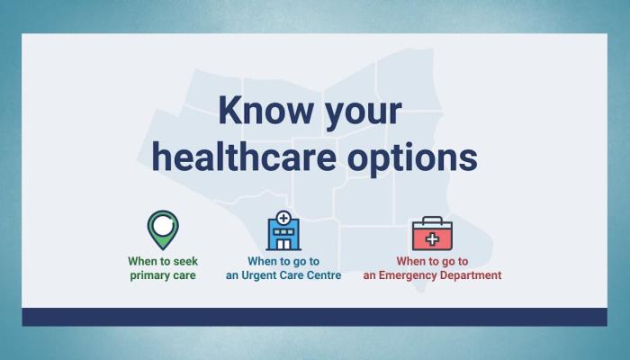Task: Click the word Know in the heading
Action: pos(265,110)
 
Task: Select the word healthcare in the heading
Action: pos(244,157)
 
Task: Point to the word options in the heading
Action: pos(412,158)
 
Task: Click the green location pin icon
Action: pos(163,229)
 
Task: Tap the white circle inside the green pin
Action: pos(163,225)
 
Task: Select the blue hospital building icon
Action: pos(283,230)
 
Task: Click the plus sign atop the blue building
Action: pos(283,218)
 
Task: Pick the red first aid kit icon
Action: pos(432,233)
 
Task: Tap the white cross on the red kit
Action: pos(432,239)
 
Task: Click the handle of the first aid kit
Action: pos(432,219)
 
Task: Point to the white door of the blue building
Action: pos(283,244)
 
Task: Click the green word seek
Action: pos(185,261)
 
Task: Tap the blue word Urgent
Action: pos(256,275)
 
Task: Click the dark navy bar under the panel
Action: pos(315,317)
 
